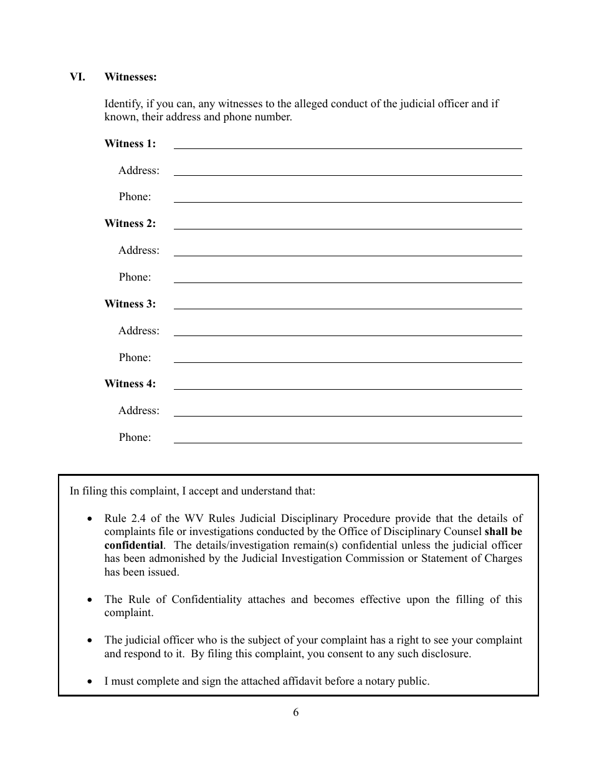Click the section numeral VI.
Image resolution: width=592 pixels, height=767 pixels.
[x=77, y=77]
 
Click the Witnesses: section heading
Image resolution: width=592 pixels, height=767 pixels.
[x=130, y=77]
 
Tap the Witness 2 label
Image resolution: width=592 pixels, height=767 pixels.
[x=130, y=223]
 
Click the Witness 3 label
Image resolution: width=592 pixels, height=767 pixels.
[x=130, y=304]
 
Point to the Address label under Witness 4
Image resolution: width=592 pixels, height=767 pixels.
[x=138, y=410]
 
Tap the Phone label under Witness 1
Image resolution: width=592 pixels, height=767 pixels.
[x=135, y=196]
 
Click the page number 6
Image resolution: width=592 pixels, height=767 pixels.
[x=295, y=712]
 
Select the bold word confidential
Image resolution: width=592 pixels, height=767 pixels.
[x=133, y=545]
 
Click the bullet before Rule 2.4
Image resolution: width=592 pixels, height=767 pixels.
[x=91, y=519]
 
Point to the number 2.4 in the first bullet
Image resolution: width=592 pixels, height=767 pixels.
[x=136, y=518]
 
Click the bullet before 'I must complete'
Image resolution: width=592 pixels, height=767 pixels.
[x=91, y=682]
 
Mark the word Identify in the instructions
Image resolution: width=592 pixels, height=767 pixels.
[x=123, y=104]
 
